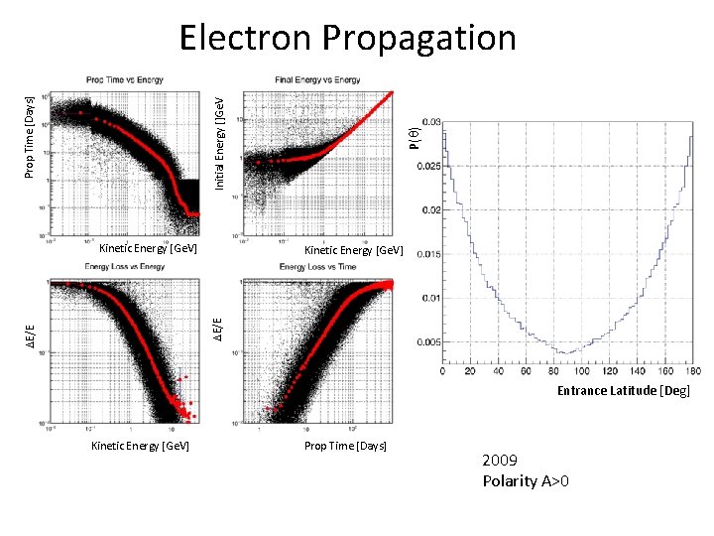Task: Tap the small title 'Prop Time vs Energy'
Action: pyautogui.click(x=125, y=79)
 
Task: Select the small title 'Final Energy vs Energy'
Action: pyautogui.click(x=316, y=79)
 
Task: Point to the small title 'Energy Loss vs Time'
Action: pyautogui.click(x=316, y=266)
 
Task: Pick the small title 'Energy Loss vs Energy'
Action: pyautogui.click(x=125, y=266)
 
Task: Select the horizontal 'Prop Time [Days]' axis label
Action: pyautogui.click(x=345, y=446)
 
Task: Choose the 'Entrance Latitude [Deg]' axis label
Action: pyautogui.click(x=623, y=391)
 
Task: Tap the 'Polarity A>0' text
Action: pyautogui.click(x=526, y=481)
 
